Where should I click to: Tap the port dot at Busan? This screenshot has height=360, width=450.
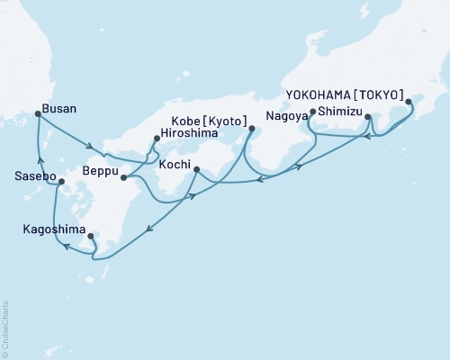pos(37,113)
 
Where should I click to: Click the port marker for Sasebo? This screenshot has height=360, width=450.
pos(60,182)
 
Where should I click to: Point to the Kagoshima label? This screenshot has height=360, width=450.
pos(53,229)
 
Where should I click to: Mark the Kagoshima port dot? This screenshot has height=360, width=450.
pos(91,236)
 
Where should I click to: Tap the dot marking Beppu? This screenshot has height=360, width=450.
pos(122,177)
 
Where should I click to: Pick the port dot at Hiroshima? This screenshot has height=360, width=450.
pos(157,139)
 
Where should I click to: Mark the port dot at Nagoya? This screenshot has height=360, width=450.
pos(312,112)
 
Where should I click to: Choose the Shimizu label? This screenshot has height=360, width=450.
pos(338,112)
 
